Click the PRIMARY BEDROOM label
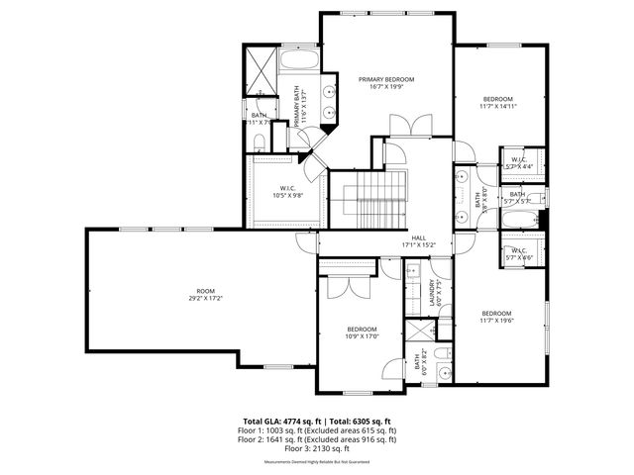[386, 83]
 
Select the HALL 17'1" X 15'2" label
[419, 241]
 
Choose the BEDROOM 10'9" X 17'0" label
[362, 332]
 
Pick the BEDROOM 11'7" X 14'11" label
[498, 103]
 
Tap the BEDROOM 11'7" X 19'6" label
[497, 317]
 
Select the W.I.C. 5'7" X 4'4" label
[518, 163]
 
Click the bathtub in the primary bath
[298, 62]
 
